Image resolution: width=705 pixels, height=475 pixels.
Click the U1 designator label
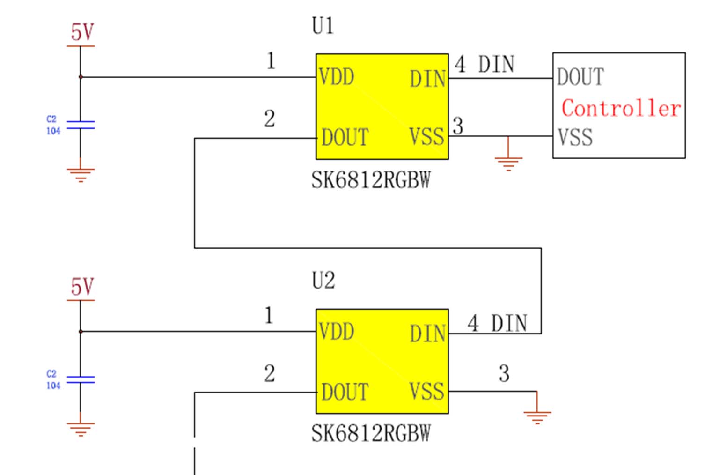(x=323, y=26)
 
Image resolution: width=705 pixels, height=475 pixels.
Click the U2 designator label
(x=323, y=281)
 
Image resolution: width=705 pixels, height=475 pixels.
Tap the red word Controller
(x=621, y=109)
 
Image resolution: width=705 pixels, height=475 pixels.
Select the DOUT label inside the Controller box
(x=580, y=77)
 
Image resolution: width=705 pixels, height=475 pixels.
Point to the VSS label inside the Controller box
(x=575, y=138)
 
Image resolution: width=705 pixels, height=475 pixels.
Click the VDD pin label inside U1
(x=337, y=77)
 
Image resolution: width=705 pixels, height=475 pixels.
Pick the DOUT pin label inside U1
(x=345, y=138)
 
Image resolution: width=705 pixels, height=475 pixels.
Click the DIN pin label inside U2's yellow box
(x=428, y=334)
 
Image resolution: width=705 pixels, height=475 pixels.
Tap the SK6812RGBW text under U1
(x=371, y=180)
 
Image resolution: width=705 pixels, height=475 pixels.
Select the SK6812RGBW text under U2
(x=371, y=434)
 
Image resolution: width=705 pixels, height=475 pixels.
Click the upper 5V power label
(x=82, y=33)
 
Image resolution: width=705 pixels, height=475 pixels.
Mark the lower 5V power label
(x=82, y=287)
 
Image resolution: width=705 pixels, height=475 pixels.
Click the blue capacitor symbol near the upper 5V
(x=81, y=125)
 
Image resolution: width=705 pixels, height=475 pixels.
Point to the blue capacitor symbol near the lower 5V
(x=81, y=379)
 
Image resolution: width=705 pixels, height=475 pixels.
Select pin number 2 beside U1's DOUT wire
(x=270, y=119)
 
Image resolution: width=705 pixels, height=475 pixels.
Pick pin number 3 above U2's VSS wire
(x=504, y=373)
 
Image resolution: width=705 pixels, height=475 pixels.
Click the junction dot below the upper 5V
(x=81, y=77)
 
